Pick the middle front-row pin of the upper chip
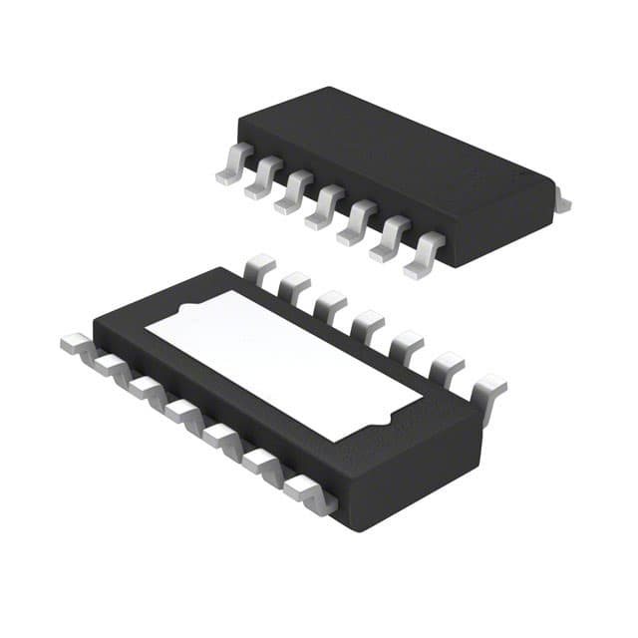tap(326, 211)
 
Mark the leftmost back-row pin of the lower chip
tap(259, 267)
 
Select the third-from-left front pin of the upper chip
tap(295, 196)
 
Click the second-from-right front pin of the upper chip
tap(390, 241)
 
